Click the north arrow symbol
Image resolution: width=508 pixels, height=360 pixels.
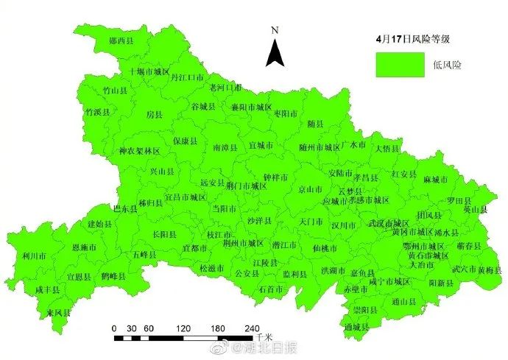pyautogui.click(x=275, y=53)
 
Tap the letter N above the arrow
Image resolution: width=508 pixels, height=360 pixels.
pyautogui.click(x=274, y=30)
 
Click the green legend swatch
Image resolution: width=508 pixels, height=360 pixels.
pyautogui.click(x=396, y=64)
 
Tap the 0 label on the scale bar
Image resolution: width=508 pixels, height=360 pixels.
pyautogui.click(x=114, y=328)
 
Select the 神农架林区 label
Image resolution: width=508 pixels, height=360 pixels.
pyautogui.click(x=139, y=150)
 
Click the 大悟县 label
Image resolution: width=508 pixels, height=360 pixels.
pyautogui.click(x=387, y=147)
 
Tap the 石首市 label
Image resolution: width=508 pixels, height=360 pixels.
pyautogui.click(x=270, y=289)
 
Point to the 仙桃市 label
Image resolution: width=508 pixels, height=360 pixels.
pyautogui.click(x=324, y=249)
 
